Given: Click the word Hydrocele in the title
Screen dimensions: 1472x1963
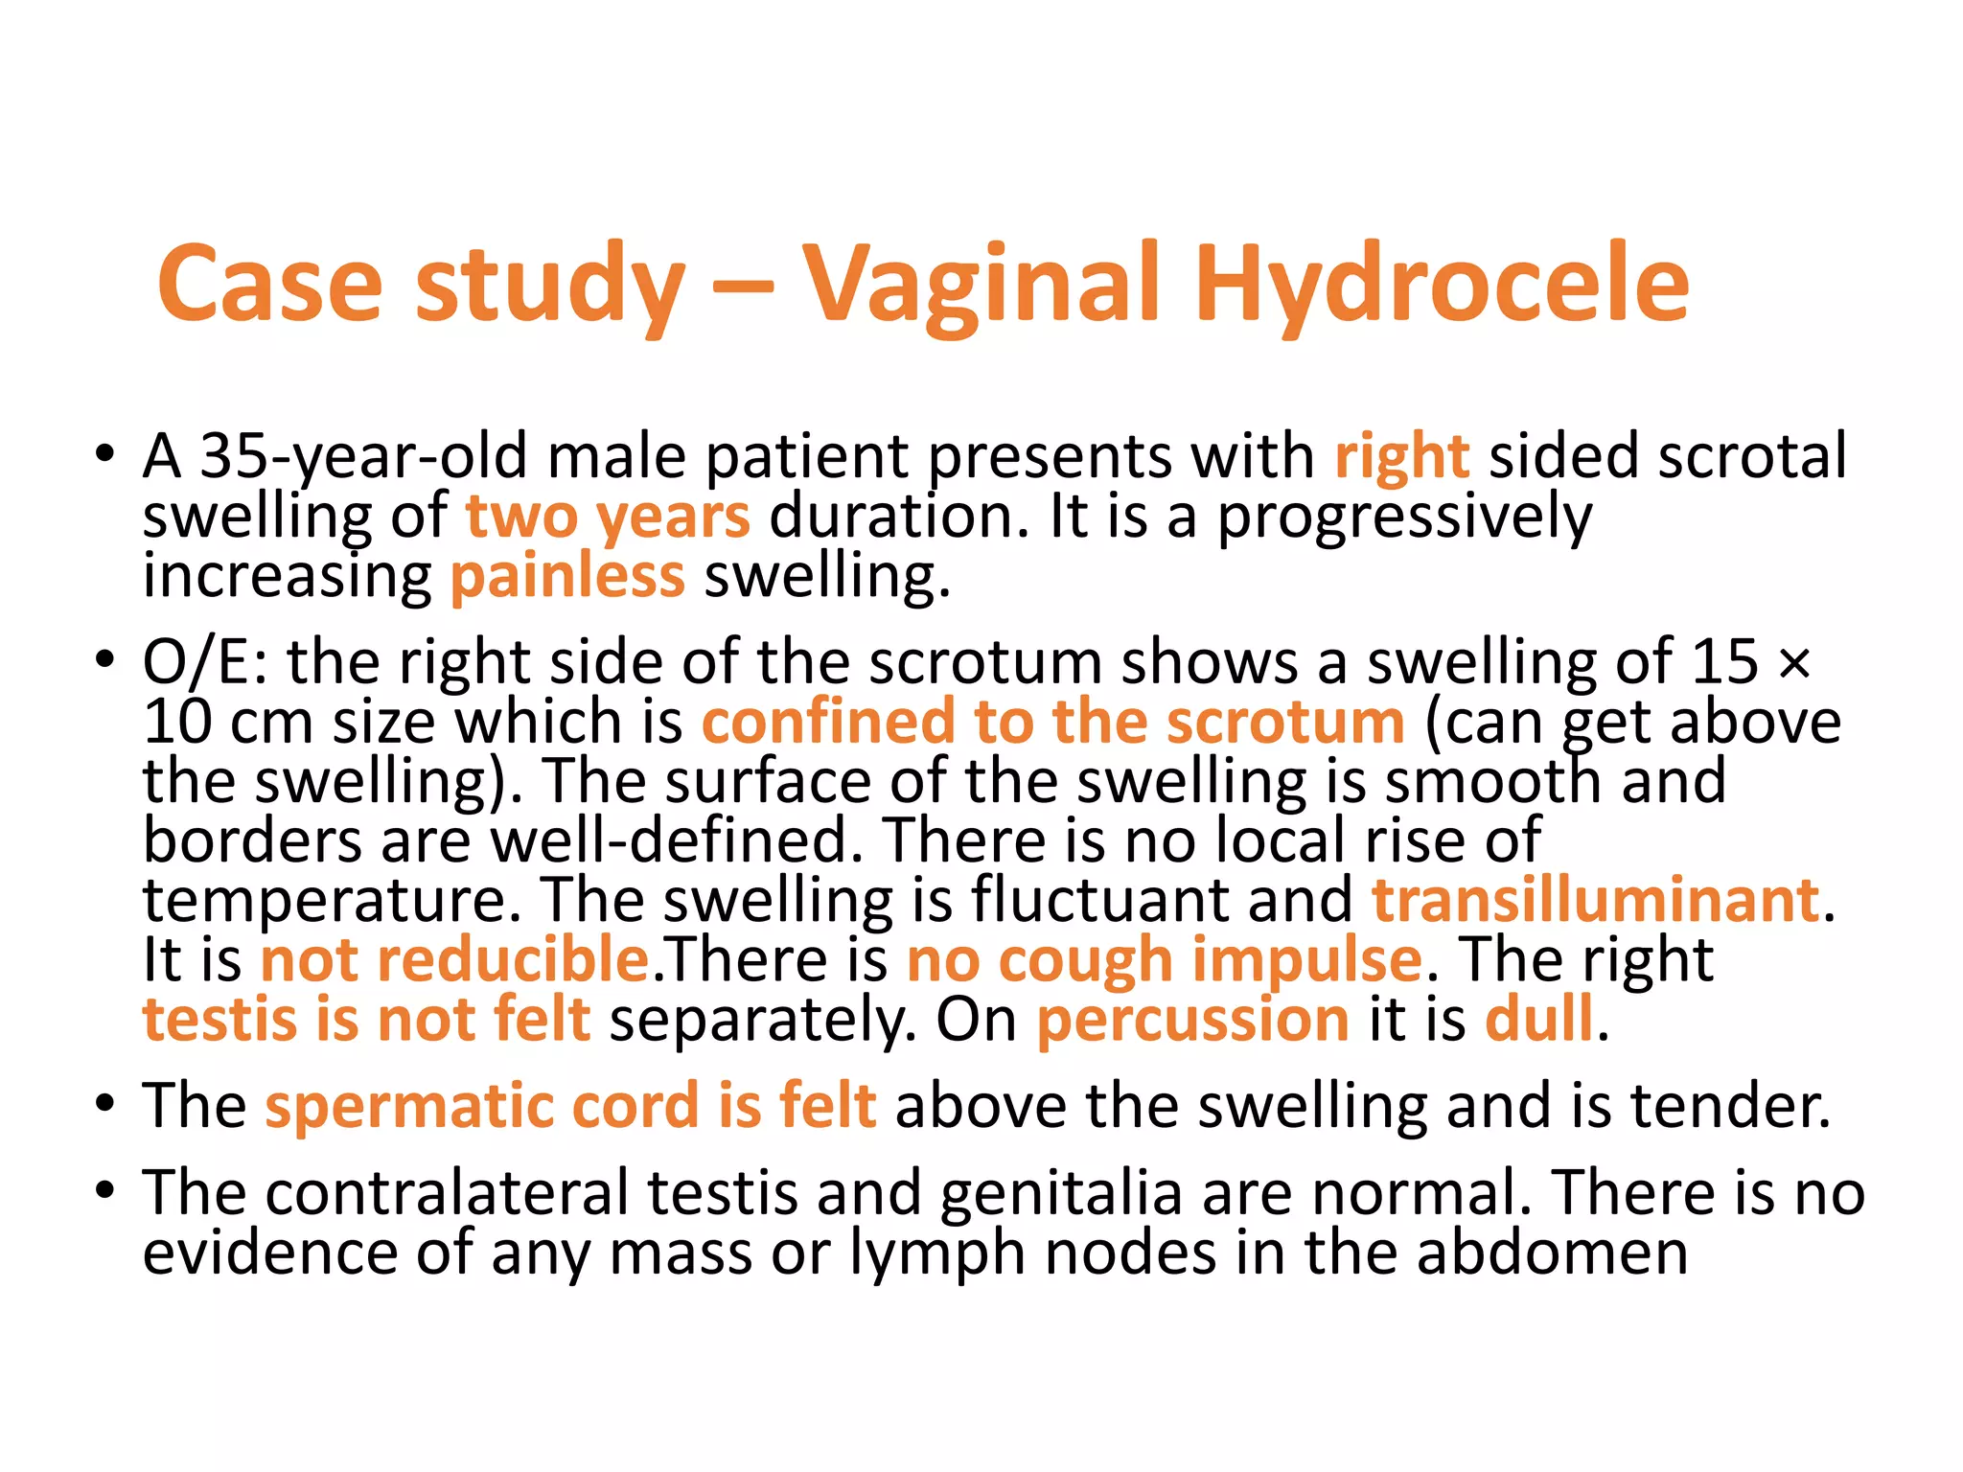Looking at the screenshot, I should tap(1442, 285).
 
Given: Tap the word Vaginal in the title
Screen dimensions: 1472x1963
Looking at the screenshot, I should tap(981, 285).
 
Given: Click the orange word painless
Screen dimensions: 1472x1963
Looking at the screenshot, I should tap(567, 577).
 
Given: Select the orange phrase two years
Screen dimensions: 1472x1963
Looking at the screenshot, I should tap(608, 517).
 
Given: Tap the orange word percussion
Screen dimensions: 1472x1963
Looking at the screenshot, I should tap(1192, 1019).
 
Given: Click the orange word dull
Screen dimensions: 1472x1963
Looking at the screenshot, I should tap(1539, 1019).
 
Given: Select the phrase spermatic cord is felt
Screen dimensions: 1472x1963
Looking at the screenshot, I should tap(570, 1106).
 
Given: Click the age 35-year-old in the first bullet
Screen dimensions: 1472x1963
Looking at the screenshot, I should tap(362, 457).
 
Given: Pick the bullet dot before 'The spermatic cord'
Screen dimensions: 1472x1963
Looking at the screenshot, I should tap(105, 1104).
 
